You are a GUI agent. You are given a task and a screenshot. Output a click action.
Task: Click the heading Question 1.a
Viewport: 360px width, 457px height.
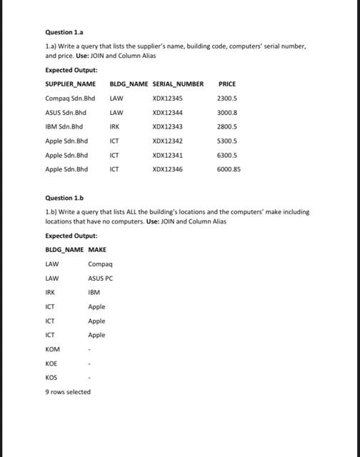pyautogui.click(x=64, y=32)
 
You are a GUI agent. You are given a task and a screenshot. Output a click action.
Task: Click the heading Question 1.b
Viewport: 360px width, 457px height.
pyautogui.click(x=64, y=198)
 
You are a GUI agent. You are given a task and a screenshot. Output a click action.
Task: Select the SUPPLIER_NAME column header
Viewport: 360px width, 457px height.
pyautogui.click(x=70, y=84)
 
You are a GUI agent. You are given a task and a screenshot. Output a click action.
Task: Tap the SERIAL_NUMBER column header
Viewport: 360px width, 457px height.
pyautogui.click(x=178, y=84)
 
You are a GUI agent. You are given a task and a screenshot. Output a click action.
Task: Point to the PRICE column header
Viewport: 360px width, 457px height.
pyautogui.click(x=227, y=84)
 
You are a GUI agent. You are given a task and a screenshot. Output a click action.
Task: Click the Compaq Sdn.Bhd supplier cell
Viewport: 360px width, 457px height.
pyautogui.click(x=70, y=99)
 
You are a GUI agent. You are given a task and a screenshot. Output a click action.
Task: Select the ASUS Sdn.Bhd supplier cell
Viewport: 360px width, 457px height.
pyautogui.click(x=66, y=113)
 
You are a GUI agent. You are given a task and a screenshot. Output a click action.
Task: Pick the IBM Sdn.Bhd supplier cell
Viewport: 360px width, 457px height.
pyautogui.click(x=64, y=127)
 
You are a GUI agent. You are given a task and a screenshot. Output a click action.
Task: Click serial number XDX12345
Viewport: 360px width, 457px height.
pyautogui.click(x=168, y=99)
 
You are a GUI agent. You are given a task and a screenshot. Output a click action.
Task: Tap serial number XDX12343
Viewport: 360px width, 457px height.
pyautogui.click(x=168, y=127)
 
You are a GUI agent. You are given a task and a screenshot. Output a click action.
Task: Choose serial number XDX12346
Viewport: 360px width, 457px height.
pyautogui.click(x=168, y=169)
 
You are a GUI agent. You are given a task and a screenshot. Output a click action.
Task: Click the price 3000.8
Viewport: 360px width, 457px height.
pyautogui.click(x=227, y=113)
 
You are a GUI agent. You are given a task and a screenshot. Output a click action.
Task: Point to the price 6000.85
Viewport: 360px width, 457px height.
pyautogui.click(x=229, y=169)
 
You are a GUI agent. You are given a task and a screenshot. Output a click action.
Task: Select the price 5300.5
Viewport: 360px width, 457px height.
pyautogui.click(x=227, y=141)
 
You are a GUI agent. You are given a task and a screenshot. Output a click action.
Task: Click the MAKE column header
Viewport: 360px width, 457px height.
pyautogui.click(x=97, y=250)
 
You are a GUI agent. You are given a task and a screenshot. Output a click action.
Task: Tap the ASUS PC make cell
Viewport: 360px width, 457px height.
pyautogui.click(x=101, y=278)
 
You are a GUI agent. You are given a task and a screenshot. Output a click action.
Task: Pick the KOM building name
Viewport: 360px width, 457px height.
pyautogui.click(x=53, y=349)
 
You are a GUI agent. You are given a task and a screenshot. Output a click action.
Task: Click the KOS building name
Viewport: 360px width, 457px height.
pyautogui.click(x=51, y=377)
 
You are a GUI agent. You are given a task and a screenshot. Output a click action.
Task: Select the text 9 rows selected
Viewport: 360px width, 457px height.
pyautogui.click(x=68, y=391)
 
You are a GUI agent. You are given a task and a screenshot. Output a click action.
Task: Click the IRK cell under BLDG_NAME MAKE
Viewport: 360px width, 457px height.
pyautogui.click(x=50, y=292)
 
